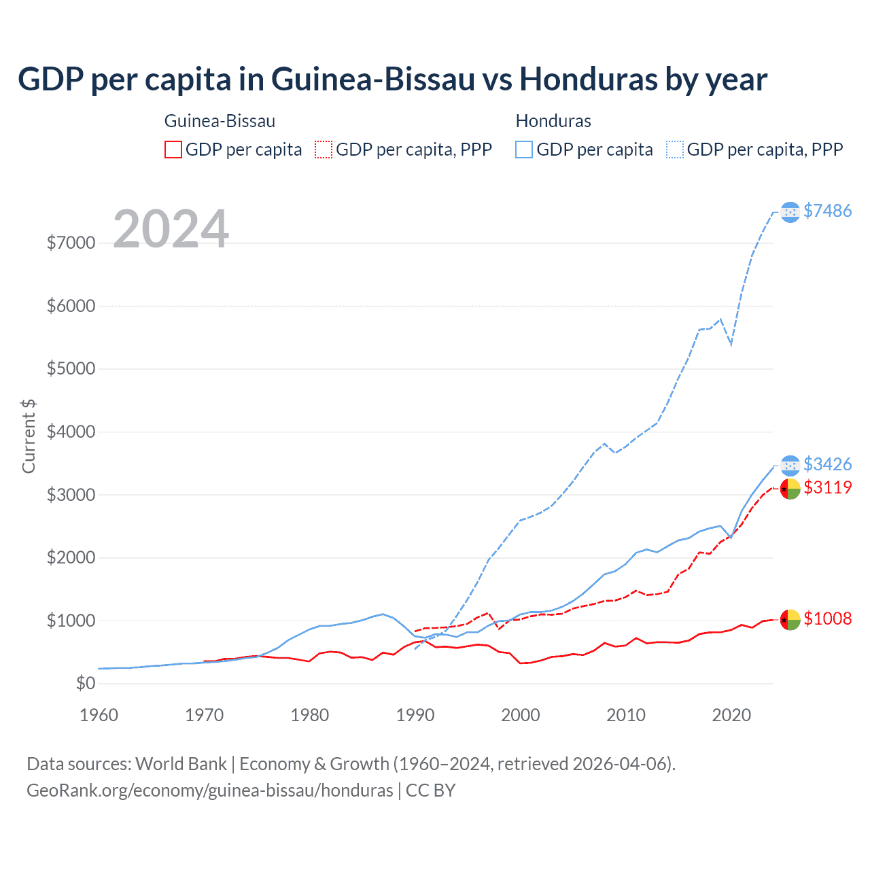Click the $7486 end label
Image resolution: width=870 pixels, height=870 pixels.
827,211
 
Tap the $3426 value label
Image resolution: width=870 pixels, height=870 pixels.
827,464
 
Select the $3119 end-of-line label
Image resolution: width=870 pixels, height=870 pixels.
827,487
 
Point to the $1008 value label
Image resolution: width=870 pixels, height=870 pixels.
827,619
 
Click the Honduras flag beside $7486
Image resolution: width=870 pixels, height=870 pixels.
790,212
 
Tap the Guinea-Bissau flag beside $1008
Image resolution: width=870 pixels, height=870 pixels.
790,619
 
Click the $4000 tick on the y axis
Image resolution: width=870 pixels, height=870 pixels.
71,432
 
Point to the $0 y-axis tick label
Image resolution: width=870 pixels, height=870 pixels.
86,683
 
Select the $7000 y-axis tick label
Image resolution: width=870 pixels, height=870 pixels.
71,243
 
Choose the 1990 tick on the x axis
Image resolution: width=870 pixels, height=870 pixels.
415,715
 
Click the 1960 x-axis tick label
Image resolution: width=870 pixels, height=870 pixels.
99,715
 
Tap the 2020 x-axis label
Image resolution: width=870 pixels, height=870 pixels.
731,715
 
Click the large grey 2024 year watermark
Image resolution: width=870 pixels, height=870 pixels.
171,229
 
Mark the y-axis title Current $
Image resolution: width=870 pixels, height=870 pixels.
29,436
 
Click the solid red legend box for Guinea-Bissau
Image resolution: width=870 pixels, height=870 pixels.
173,150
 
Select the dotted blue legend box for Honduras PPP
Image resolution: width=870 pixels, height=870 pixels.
675,150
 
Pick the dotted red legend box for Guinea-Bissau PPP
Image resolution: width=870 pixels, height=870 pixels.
324,150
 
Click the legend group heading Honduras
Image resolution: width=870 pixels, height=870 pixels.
553,121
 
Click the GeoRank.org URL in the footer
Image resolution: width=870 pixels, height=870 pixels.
210,790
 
